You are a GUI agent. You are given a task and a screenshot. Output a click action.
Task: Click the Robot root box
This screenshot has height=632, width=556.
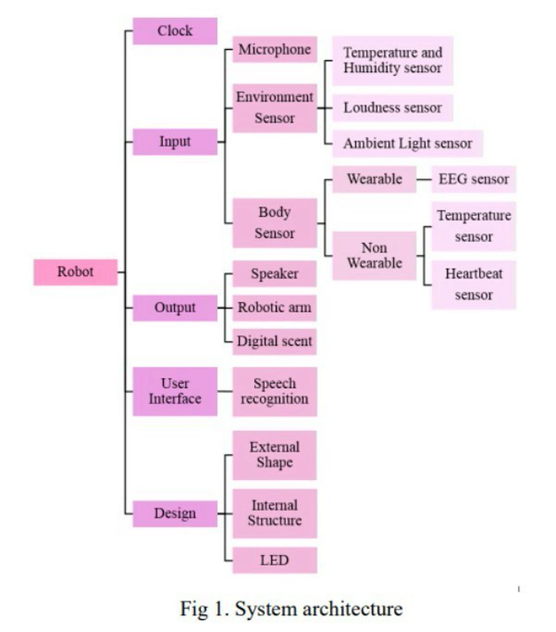tap(75, 272)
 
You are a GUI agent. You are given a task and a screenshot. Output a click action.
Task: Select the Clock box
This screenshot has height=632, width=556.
tap(175, 31)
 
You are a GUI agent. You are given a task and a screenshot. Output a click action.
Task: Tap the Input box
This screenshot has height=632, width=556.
tap(175, 142)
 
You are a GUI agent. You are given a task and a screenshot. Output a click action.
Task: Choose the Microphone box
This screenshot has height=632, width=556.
tap(274, 49)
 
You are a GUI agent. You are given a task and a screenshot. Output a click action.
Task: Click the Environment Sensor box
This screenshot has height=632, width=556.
tap(274, 108)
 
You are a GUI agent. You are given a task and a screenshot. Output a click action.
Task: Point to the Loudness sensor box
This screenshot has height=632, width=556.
tap(392, 108)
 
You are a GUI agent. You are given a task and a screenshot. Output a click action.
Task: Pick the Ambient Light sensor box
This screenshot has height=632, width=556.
tap(407, 143)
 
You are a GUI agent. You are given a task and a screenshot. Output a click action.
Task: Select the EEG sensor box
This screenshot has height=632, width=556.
tap(473, 179)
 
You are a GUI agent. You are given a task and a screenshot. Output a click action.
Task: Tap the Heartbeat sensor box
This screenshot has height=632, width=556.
tap(473, 285)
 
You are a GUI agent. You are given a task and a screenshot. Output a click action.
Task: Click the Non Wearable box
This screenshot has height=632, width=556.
tap(374, 255)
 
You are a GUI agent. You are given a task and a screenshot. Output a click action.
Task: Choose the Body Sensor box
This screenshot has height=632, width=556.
tap(274, 223)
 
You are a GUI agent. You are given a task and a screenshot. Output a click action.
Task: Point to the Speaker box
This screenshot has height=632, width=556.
tap(274, 274)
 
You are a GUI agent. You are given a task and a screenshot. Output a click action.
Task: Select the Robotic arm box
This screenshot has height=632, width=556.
tap(274, 308)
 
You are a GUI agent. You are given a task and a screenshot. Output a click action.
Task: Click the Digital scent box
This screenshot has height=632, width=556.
tap(274, 341)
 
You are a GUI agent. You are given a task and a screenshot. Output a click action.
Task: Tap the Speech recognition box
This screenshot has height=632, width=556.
tap(274, 391)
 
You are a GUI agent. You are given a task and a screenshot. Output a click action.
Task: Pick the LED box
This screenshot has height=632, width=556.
tap(274, 560)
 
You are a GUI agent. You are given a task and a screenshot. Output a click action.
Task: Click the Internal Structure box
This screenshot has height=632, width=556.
tap(274, 513)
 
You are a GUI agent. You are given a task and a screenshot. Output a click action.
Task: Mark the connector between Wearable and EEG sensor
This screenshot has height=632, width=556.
tap(424, 180)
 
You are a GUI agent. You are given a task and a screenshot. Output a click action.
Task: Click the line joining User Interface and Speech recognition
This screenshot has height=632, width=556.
tap(225, 391)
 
